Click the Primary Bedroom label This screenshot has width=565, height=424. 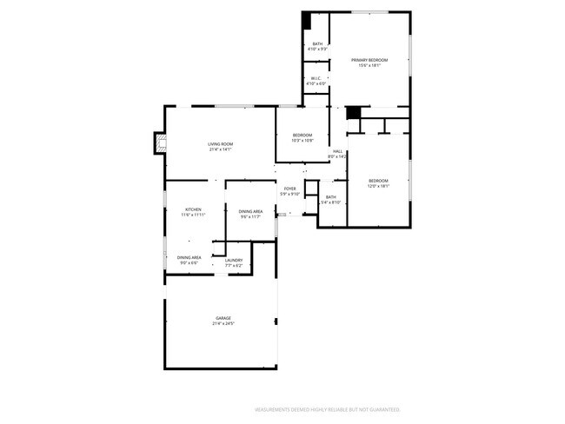(369, 59)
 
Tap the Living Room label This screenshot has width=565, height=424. (220, 143)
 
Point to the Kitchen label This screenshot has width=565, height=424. (193, 209)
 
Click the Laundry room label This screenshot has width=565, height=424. (233, 260)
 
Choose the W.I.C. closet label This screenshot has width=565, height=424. (317, 78)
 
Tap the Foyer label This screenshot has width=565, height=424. (289, 189)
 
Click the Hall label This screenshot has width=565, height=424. (337, 151)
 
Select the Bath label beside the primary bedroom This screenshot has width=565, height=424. (317, 43)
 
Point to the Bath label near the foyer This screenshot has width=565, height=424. (330, 197)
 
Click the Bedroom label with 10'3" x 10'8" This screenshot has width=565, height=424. (302, 135)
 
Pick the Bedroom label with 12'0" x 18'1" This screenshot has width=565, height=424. (378, 180)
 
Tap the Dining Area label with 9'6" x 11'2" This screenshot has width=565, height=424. (251, 211)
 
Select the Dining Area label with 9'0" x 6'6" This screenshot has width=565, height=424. (189, 257)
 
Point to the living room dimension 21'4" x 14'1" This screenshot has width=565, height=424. (220, 149)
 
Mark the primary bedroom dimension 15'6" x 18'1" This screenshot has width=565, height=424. (369, 64)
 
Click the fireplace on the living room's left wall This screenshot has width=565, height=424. (158, 143)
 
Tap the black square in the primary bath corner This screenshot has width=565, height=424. (306, 20)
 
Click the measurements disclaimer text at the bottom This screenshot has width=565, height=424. (326, 408)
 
